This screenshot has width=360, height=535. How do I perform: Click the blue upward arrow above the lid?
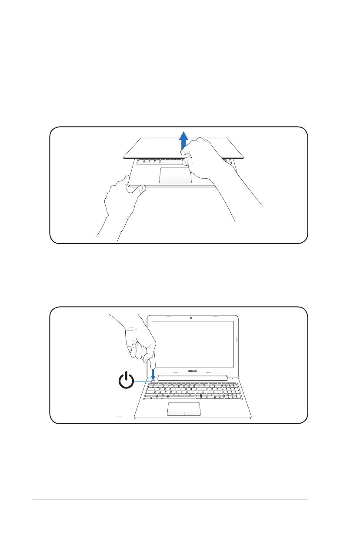click(184, 140)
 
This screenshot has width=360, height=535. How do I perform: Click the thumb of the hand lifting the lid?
click(188, 162)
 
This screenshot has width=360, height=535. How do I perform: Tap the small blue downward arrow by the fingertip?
click(153, 374)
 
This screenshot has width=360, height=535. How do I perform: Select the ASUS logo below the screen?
click(192, 372)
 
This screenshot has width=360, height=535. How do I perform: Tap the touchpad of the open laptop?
click(183, 409)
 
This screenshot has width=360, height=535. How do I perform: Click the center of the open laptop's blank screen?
click(193, 343)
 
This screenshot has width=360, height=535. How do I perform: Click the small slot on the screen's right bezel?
click(236, 339)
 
